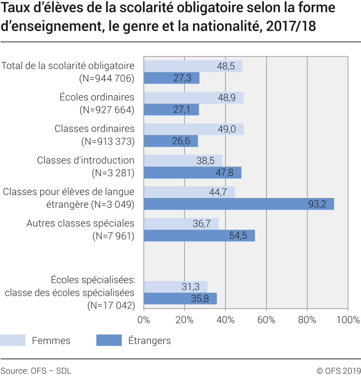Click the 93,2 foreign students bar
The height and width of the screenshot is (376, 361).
[x=239, y=204]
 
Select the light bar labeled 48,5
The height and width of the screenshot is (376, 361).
[x=193, y=66]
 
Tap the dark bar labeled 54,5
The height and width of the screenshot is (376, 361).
[x=199, y=236]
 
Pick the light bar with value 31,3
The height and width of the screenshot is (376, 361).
[x=175, y=287]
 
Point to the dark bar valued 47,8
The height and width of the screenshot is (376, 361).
[x=192, y=173]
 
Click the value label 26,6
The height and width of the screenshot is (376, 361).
[x=183, y=141]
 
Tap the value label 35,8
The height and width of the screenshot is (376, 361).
[x=201, y=299]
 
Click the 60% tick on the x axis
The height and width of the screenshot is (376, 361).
[x=266, y=320]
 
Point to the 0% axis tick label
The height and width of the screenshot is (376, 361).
[x=144, y=320]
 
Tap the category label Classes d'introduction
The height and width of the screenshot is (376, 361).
[x=86, y=160]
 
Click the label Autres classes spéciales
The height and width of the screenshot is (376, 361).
[x=80, y=223]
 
